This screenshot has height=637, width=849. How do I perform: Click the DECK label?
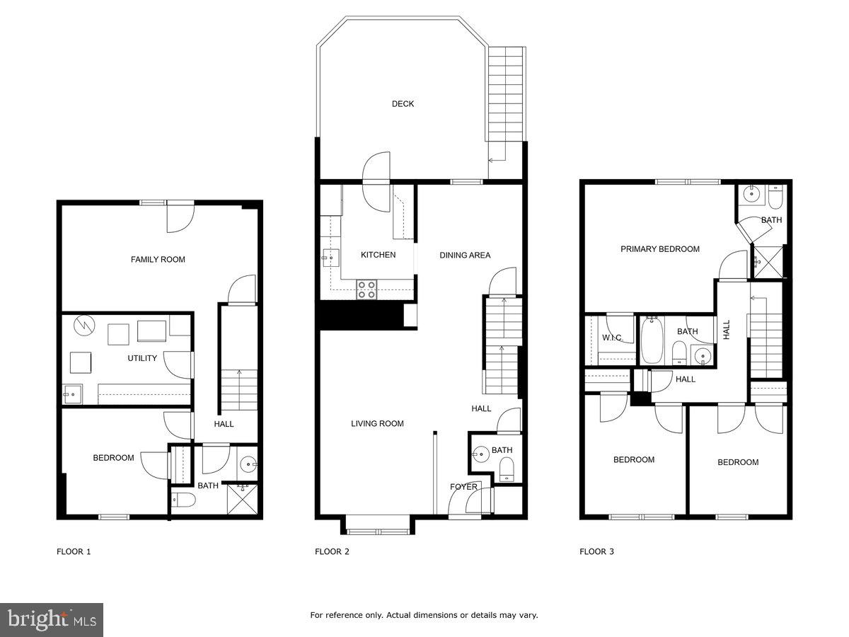[x=403, y=104]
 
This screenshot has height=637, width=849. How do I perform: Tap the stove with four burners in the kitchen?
[x=366, y=289]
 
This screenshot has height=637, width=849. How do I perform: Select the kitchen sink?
[x=329, y=258]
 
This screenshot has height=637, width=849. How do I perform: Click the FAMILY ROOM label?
[x=158, y=260]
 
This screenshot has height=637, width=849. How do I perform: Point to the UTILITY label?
[x=142, y=358]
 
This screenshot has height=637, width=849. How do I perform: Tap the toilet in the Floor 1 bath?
[x=184, y=501]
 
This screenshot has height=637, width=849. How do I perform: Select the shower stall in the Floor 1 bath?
[x=242, y=499]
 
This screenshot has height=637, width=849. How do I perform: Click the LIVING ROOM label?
[x=377, y=424]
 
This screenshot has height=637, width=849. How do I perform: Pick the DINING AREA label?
[x=465, y=256]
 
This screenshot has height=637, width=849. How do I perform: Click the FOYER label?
[x=464, y=487]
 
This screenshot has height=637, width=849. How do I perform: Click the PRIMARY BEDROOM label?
[x=660, y=249]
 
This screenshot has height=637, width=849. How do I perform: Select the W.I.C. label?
[x=612, y=338]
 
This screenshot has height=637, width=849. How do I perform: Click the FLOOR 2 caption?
[x=332, y=551]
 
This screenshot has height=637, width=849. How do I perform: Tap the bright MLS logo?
[x=52, y=620]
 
